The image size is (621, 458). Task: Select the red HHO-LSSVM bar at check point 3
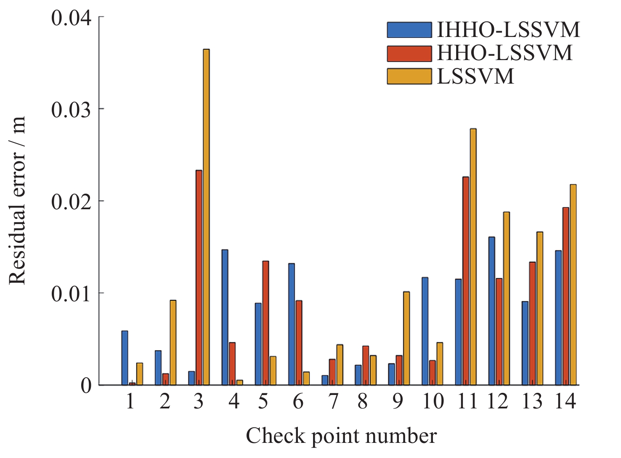tap(199, 277)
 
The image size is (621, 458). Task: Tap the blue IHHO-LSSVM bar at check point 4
tap(225, 317)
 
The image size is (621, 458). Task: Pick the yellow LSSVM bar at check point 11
tap(473, 257)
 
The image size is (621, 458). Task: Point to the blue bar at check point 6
tap(292, 324)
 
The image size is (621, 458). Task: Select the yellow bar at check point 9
tap(406, 338)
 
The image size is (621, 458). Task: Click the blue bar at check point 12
tap(491, 311)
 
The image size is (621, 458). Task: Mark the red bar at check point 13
tap(532, 323)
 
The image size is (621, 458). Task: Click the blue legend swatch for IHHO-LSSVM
tap(409, 30)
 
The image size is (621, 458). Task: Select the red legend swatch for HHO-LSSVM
tap(409, 53)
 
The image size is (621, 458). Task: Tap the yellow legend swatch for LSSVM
tap(409, 76)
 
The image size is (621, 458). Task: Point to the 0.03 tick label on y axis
tap(71, 110)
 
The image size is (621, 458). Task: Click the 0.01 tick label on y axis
tap(71, 294)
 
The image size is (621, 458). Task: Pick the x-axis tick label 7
tap(333, 402)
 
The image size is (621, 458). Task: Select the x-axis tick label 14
tap(565, 402)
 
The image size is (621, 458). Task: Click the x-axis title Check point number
tap(341, 436)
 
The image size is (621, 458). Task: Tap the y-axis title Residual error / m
tap(18, 200)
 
